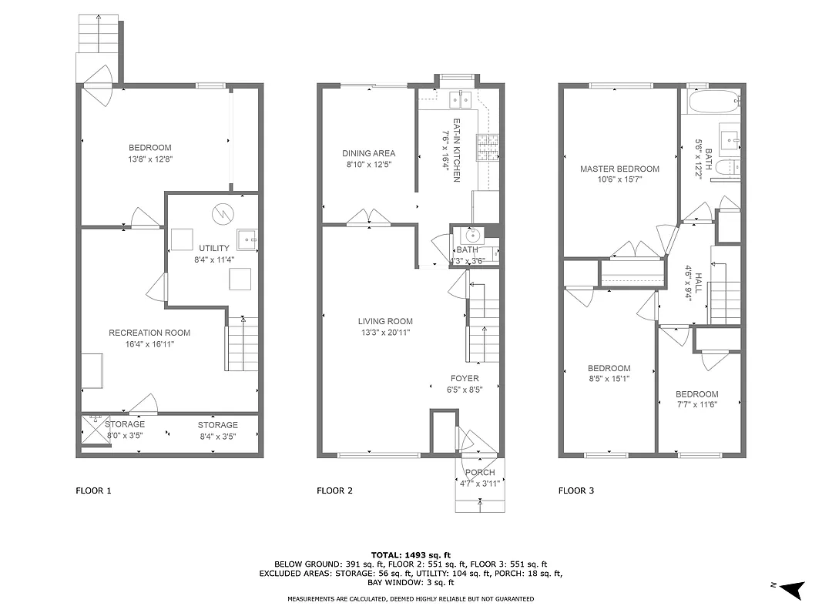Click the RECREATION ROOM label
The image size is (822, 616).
149,333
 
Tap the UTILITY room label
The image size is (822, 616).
214,248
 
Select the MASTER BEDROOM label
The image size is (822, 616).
619,169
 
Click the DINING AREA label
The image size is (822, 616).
368,153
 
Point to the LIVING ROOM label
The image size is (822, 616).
384,321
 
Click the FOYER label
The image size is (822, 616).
465,378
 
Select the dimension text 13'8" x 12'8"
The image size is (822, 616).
149,159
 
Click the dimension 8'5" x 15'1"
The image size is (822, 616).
609,379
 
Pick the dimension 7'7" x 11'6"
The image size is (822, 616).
698,404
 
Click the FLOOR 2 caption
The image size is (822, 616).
335,490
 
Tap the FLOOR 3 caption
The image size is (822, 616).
576,490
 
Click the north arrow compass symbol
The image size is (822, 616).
793,588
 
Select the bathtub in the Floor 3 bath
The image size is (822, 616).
710,102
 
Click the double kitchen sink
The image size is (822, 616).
461,99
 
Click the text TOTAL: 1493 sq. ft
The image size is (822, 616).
411,554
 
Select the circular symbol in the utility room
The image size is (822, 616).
221,212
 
